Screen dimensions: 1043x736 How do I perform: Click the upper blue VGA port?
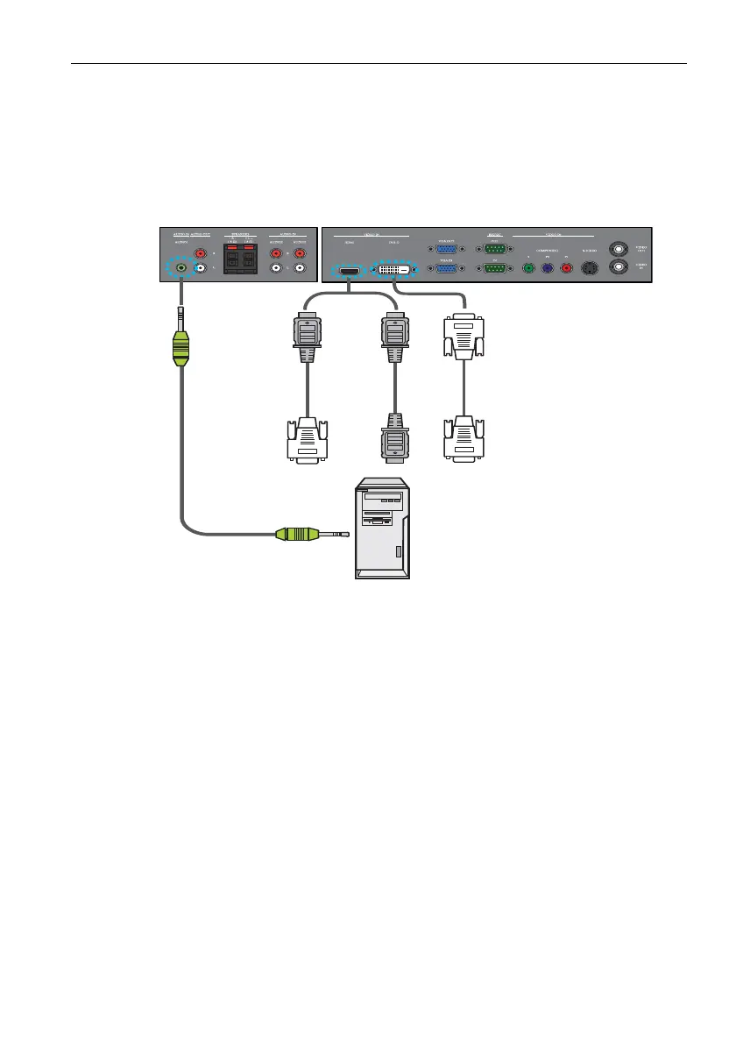pos(446,248)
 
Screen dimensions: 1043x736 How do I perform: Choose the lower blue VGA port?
pos(446,269)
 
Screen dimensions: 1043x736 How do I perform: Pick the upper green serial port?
pos(495,248)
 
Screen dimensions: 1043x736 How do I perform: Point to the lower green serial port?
pos(495,269)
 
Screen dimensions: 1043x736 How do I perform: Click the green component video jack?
pos(528,269)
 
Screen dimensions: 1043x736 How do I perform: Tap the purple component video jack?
pos(547,269)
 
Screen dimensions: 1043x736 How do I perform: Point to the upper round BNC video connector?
pos(621,248)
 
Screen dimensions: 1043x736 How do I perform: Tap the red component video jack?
pos(565,269)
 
